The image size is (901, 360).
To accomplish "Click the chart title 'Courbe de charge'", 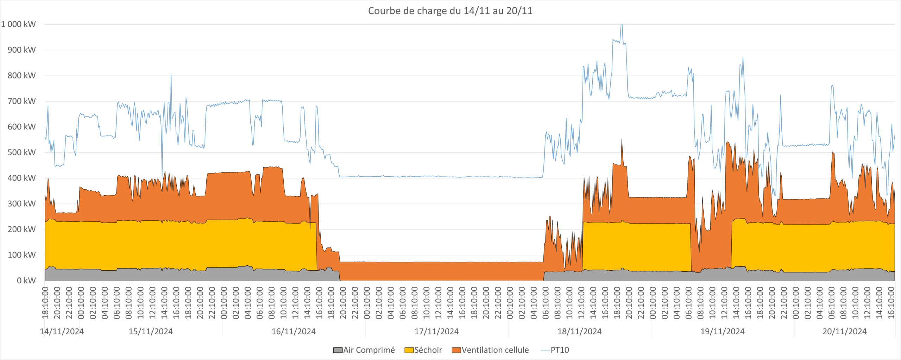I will click(x=450, y=11).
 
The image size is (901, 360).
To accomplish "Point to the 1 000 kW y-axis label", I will click(x=18, y=24).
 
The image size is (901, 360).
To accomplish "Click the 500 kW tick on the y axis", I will click(x=21, y=152).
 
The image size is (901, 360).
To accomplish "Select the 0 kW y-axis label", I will click(x=26, y=280).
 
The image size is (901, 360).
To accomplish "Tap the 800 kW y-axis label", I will click(x=21, y=76).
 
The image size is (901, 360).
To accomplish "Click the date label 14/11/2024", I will click(x=62, y=331).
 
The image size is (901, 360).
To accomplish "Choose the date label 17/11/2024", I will click(x=436, y=331).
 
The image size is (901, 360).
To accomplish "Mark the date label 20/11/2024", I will click(x=844, y=331).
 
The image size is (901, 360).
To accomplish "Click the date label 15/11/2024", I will click(x=151, y=331).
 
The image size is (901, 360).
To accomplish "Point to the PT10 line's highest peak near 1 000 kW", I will click(x=622, y=25).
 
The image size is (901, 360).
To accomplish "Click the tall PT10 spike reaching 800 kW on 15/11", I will click(x=171, y=76).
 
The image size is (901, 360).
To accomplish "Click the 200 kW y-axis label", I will click(x=21, y=229).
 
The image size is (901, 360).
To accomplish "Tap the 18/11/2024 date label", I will click(x=579, y=331).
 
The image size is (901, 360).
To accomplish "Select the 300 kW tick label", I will click(x=21, y=204).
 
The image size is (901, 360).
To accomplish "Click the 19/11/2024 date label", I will click(x=722, y=331).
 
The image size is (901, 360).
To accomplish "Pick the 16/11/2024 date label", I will click(x=294, y=331).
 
